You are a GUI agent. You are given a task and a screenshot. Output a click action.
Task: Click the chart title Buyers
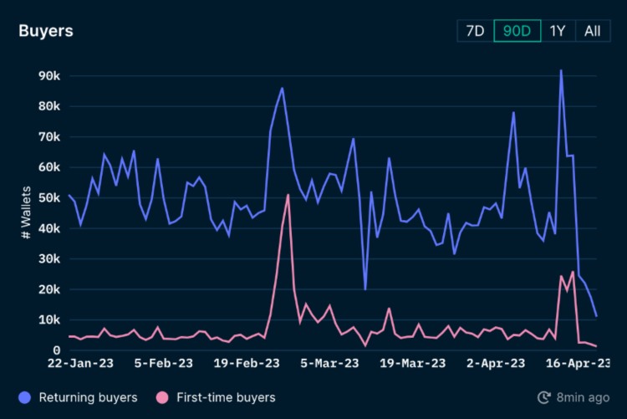(46, 31)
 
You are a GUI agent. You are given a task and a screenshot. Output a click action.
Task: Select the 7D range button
(475, 31)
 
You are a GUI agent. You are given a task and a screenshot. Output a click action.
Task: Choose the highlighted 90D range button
(517, 31)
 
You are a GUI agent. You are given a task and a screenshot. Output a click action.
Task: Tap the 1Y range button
(558, 31)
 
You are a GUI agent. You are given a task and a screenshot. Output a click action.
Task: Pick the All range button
(592, 31)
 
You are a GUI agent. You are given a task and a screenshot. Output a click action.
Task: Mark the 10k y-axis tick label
(48, 320)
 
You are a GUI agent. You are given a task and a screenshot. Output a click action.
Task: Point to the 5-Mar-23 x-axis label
(329, 364)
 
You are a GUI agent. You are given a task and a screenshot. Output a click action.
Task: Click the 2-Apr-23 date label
(496, 364)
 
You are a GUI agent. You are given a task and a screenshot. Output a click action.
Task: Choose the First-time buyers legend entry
(226, 397)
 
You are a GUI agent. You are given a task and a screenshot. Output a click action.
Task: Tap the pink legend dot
(162, 397)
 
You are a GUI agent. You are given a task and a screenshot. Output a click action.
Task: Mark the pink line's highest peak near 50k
(288, 195)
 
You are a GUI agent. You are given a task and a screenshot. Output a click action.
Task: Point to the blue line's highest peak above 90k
(561, 71)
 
